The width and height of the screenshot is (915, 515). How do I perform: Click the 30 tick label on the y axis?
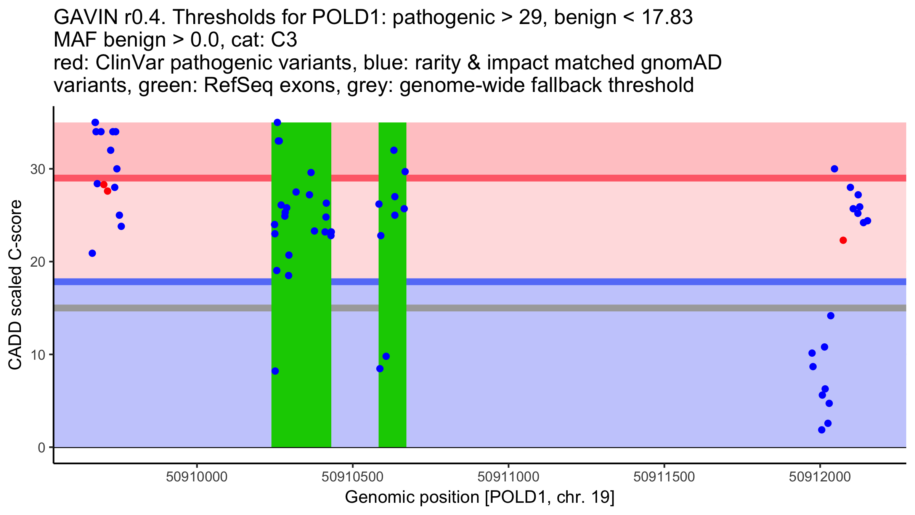pos(37,169)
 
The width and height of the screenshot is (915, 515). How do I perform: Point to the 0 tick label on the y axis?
pos(41,447)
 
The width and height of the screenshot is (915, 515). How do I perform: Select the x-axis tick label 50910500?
pos(352,477)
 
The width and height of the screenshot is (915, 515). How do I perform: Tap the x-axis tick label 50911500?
pos(664,477)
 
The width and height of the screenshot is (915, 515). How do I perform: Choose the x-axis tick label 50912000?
pos(820,477)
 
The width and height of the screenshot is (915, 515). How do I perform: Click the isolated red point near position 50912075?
pos(843,240)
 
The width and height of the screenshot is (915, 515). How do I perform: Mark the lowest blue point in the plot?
pos(822,430)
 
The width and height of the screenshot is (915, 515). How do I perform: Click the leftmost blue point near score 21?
pos(92,253)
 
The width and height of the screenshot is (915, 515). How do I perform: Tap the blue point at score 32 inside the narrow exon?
pos(394,150)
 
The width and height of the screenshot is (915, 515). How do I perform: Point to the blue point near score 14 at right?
pos(831,315)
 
